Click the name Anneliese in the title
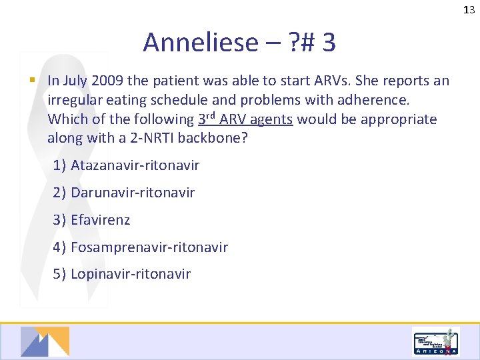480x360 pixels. (200, 43)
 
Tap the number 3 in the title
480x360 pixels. (328, 43)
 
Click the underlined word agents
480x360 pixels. (271, 120)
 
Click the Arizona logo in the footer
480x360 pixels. (435, 341)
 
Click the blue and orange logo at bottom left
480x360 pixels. (45, 341)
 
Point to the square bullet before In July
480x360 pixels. (32, 81)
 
